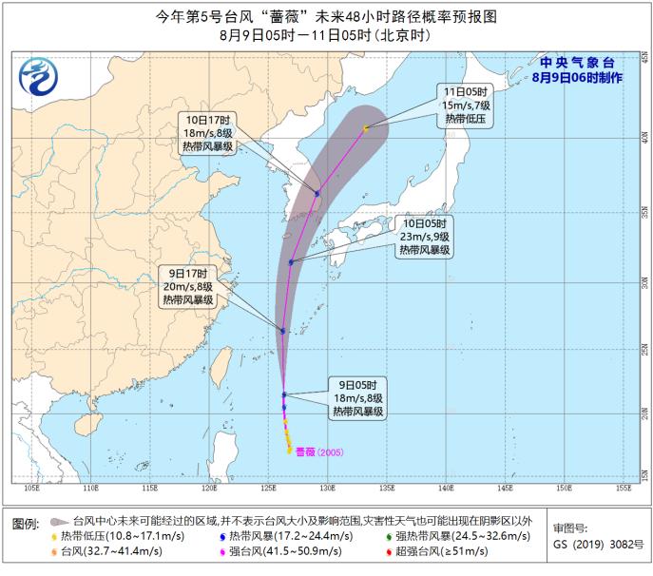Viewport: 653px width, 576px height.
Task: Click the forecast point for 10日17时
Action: tap(317, 193)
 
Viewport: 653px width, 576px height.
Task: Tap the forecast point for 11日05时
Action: tap(365, 127)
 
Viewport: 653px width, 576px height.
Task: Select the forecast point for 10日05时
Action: tap(291, 262)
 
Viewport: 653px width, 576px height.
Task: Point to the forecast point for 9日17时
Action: tap(282, 331)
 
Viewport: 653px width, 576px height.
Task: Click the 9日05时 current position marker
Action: tap(284, 394)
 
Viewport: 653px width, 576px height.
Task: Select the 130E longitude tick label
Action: tap(326, 489)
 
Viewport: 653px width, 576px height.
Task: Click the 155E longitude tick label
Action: tap(622, 489)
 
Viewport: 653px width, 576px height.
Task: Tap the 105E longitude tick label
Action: tap(30, 489)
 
